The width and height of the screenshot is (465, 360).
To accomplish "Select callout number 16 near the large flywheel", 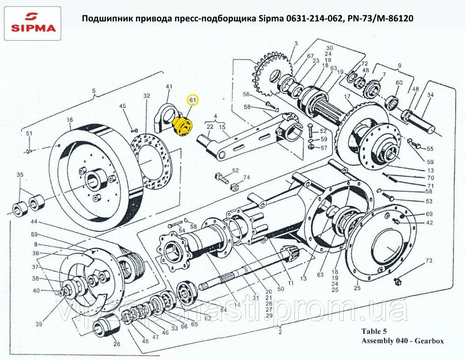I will [70, 120].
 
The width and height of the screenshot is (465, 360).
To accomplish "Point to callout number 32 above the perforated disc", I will [146, 96].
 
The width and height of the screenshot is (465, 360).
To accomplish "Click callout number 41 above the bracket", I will [169, 87].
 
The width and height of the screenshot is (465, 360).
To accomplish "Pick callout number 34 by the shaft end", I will [430, 95].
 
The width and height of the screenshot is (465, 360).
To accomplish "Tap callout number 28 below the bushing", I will [116, 344].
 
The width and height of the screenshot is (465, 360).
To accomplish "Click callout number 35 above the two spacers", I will [20, 175].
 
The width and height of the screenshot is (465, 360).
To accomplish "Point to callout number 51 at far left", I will [29, 133].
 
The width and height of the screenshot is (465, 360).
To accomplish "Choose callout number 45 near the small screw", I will [123, 107].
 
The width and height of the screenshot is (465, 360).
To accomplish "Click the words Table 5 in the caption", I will [374, 332].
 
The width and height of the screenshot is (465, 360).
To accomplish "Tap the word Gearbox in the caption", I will [430, 341].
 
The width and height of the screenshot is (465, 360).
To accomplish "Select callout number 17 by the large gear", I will [347, 96].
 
